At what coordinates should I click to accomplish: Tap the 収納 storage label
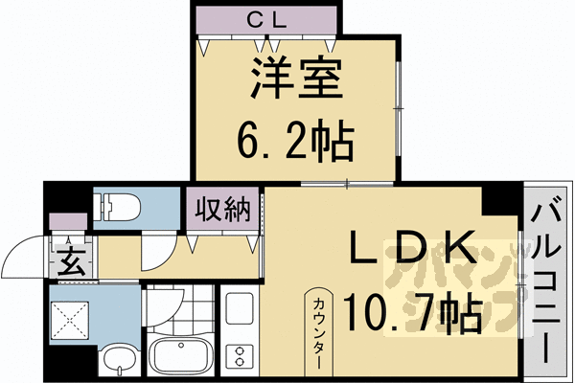pyautogui.click(x=221, y=210)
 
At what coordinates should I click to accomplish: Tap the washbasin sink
pyautogui.click(x=118, y=362)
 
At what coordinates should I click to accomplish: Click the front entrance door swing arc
pyautogui.click(x=24, y=259)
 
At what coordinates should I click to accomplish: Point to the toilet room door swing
pyautogui.click(x=156, y=251)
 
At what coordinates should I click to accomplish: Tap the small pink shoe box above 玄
pyautogui.click(x=67, y=222)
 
